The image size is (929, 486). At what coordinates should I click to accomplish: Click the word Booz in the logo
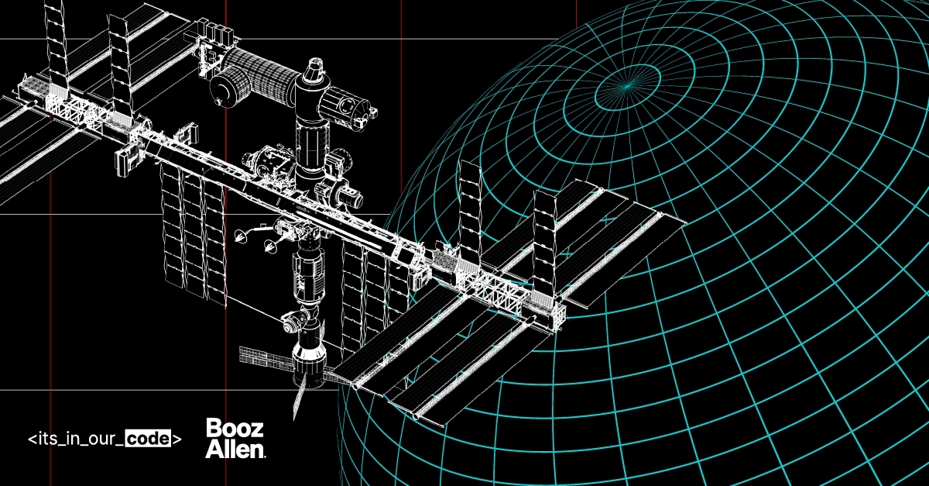coord(235,428)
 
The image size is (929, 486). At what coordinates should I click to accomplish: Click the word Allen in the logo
coord(235,449)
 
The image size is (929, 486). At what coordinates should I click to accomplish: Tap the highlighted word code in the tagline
coord(148,439)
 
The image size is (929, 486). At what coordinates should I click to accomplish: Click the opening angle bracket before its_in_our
coord(32,439)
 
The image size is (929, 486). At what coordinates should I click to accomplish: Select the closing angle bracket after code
coord(177,439)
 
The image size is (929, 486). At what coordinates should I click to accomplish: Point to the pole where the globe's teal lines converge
coord(628,86)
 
